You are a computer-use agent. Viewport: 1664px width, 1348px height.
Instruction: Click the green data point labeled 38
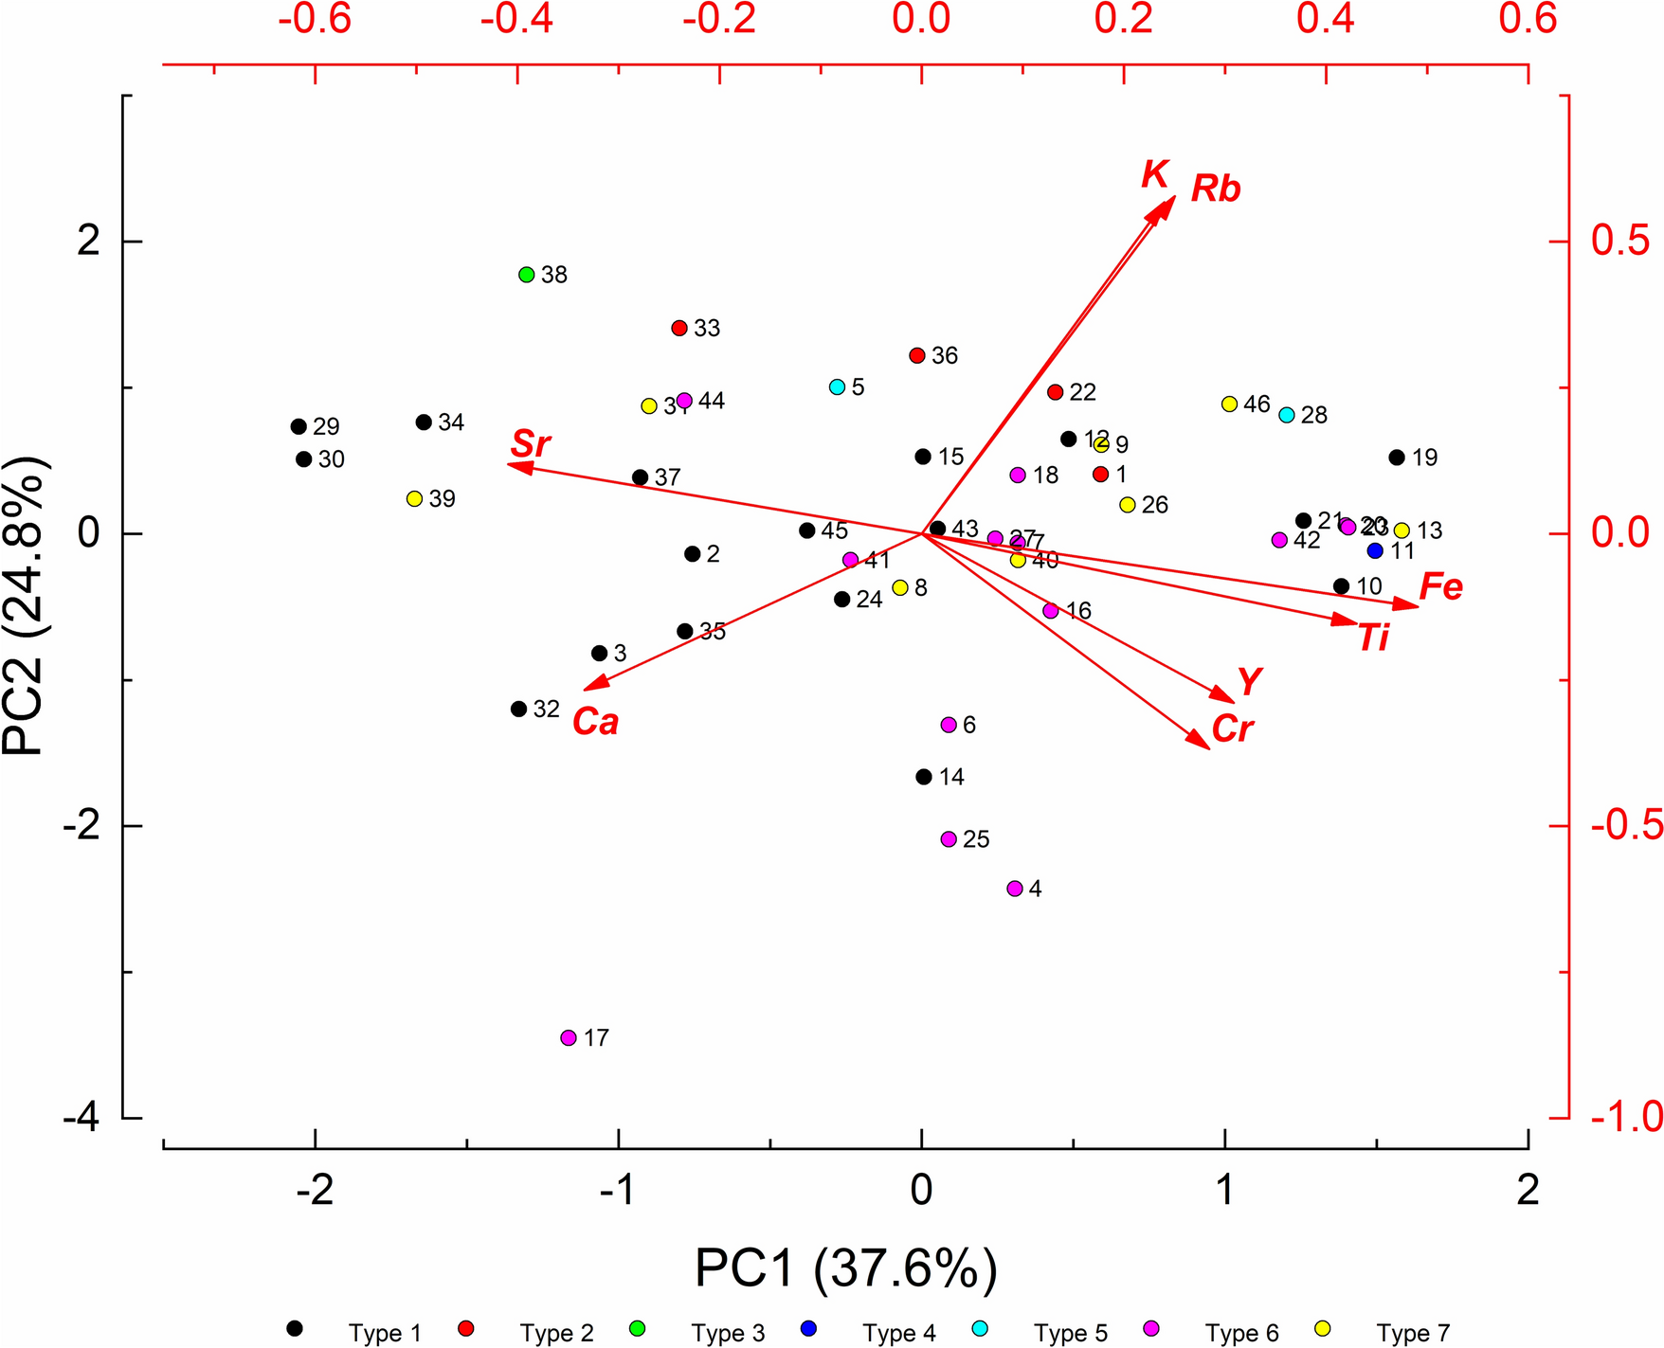pos(527,275)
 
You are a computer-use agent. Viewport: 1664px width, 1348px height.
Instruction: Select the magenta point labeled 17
pos(569,1037)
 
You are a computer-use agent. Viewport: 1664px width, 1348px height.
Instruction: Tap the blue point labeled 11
pos(1375,550)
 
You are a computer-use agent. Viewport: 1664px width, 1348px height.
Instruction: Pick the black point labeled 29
pos(298,426)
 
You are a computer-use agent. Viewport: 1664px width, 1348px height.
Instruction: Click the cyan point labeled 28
pos(1287,415)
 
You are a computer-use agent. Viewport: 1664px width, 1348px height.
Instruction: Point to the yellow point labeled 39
pos(414,498)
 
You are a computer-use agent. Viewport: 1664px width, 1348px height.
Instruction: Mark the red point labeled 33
pos(679,328)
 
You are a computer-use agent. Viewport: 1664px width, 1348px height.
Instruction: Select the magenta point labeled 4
pos(1015,889)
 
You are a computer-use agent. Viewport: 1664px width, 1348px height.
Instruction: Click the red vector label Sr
pos(531,443)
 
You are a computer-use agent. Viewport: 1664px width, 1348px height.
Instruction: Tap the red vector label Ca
pos(595,722)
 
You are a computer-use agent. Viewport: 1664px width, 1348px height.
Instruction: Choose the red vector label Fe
pos(1440,587)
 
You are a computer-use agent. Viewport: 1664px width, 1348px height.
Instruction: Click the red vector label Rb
pos(1216,189)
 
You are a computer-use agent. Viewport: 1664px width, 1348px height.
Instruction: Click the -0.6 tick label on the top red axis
pos(315,19)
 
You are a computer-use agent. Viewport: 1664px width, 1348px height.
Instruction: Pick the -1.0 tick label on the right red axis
pos(1626,1118)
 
